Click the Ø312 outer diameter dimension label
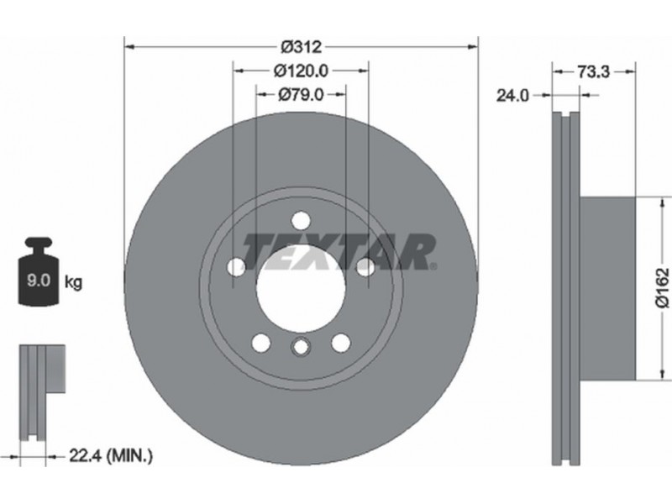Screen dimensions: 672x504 pyautogui.click(x=301, y=46)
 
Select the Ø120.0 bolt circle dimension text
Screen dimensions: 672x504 pyautogui.click(x=301, y=71)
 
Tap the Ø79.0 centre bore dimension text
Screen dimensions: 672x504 pyautogui.click(x=301, y=94)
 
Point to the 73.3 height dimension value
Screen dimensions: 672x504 pyautogui.click(x=594, y=71)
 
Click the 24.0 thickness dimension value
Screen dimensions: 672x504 pyautogui.click(x=512, y=96)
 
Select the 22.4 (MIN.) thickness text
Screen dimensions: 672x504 pyautogui.click(x=111, y=456)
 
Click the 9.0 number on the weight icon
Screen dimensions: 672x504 pyautogui.click(x=39, y=281)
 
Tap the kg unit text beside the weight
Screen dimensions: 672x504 pyautogui.click(x=73, y=282)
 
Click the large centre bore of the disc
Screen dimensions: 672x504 pyautogui.click(x=301, y=287)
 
